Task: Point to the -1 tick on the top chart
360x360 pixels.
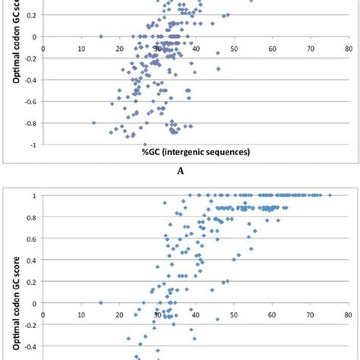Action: click(x=33, y=144)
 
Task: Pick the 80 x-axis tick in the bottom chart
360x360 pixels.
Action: click(x=347, y=312)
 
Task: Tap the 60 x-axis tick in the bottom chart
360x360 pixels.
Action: click(x=271, y=312)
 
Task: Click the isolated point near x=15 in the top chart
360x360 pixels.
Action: click(x=101, y=36)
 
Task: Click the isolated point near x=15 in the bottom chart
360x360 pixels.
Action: click(x=101, y=302)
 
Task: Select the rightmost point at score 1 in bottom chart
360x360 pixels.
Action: click(x=330, y=195)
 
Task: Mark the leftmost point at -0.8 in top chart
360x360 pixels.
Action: click(x=94, y=122)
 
